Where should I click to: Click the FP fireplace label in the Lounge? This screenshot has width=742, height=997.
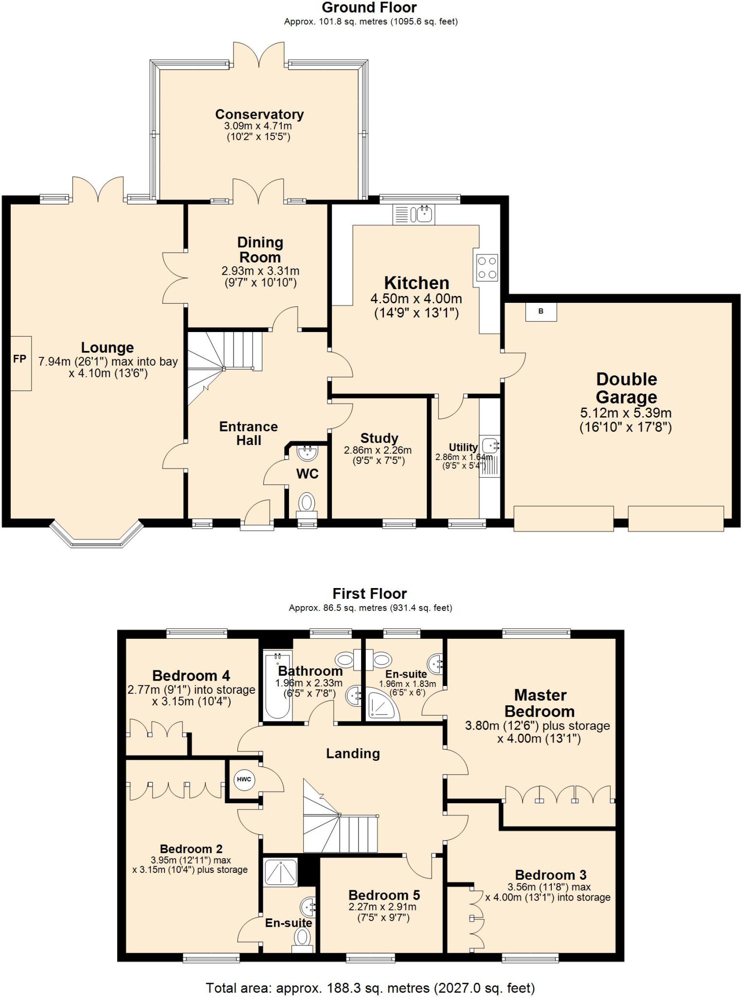pos(19,359)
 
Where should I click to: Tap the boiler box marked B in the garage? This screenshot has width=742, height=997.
pos(541,312)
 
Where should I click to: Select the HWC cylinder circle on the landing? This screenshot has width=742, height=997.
pos(244,779)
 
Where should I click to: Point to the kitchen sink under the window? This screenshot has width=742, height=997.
pos(414,214)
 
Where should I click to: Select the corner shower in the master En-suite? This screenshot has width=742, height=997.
pos(382,705)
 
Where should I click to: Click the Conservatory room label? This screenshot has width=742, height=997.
pos(259,114)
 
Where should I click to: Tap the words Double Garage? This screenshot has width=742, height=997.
pos(627,388)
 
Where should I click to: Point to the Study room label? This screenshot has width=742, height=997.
pos(380,438)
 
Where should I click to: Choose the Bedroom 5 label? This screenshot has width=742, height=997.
pos(384,895)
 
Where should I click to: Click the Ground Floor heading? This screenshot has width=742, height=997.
pos(369,7)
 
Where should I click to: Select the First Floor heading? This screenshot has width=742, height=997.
pos(370,593)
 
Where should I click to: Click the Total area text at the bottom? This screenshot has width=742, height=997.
pos(370,988)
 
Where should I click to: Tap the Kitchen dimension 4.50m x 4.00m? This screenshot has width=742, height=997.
pos(416,298)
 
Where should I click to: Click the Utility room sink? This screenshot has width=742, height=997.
pos(490,445)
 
